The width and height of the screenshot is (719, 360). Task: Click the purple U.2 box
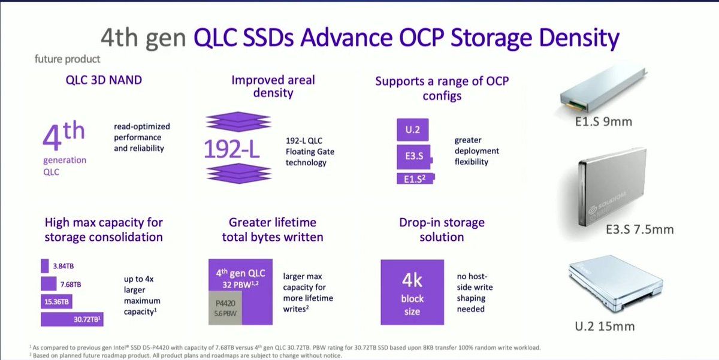(412, 129)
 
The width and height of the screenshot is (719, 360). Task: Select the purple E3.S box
(415, 156)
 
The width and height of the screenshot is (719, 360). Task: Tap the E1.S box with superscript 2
(416, 179)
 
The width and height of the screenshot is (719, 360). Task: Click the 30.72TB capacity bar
(72, 319)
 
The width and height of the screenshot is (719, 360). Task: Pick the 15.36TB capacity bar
(56, 302)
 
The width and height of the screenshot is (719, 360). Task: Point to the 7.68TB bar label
(71, 285)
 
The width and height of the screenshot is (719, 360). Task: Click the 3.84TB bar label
(64, 266)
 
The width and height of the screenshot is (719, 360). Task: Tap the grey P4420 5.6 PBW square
(225, 308)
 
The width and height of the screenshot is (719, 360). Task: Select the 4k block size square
(412, 292)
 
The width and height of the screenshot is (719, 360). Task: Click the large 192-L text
(231, 149)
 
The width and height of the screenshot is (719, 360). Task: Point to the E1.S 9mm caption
(603, 122)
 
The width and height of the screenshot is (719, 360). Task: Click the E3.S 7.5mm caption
(639, 229)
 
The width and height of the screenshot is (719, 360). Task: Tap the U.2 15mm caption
(605, 326)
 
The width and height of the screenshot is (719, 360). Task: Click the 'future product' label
(67, 59)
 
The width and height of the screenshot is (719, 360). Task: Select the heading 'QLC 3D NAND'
(104, 80)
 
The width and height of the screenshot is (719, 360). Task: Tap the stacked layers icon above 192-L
(238, 122)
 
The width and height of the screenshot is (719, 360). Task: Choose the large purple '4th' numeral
(64, 135)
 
